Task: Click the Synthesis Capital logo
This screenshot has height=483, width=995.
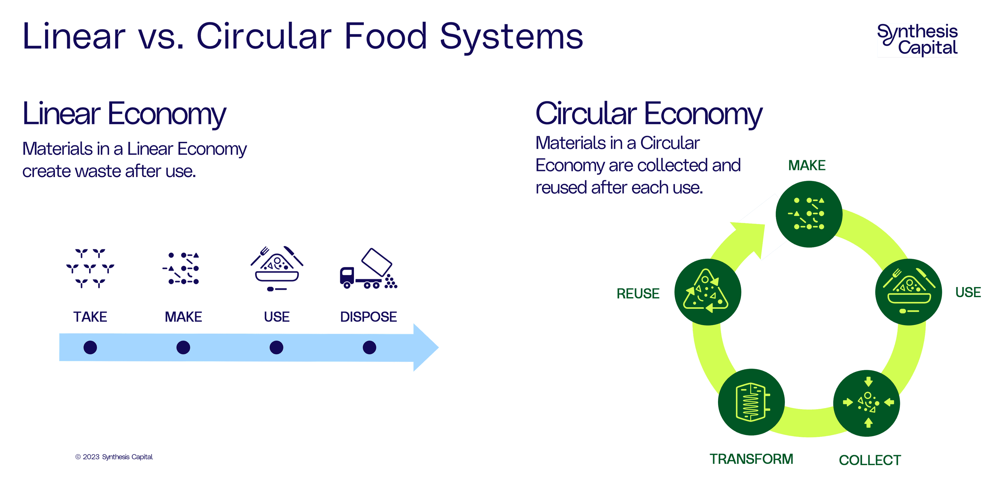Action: pos(917,40)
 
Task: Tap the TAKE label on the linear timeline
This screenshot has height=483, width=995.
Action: pos(90,317)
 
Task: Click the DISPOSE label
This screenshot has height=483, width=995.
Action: pos(368,317)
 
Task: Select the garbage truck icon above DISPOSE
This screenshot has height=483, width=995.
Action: pos(368,269)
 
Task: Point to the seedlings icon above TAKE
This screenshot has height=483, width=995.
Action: pos(90,268)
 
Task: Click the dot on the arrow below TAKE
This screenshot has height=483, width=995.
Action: pos(90,347)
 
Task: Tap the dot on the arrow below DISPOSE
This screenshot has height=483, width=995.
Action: pos(369,347)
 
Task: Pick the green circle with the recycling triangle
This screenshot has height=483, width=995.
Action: pos(707,292)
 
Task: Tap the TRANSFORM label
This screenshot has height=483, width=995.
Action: pos(751,459)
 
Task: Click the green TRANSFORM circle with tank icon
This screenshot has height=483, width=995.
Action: pos(751,402)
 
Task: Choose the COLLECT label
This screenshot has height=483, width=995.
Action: pos(870,460)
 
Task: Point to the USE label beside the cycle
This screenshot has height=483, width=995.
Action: pos(968,292)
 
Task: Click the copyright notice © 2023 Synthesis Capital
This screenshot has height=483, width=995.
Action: pos(114,457)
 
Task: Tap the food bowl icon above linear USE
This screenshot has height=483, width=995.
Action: pos(276,268)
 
